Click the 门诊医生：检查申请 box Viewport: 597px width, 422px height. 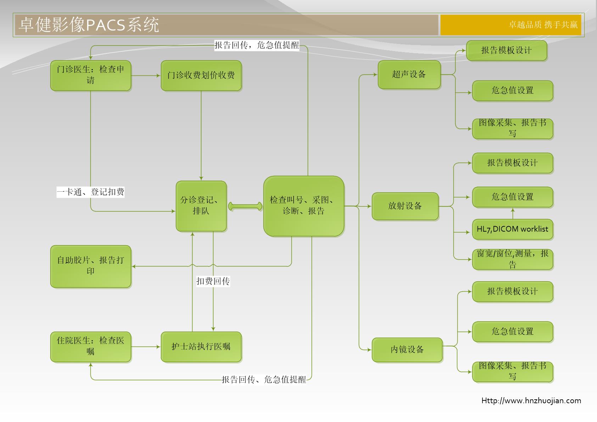pyautogui.click(x=91, y=75)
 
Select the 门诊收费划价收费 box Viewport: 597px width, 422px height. pyautogui.click(x=201, y=75)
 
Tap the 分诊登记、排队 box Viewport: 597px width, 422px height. pyautogui.click(x=201, y=206)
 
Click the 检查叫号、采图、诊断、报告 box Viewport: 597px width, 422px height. pyautogui.click(x=303, y=206)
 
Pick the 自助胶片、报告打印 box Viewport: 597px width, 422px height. pyautogui.click(x=91, y=266)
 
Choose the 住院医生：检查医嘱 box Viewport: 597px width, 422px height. pyautogui.click(x=91, y=347)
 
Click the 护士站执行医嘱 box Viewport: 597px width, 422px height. pyautogui.click(x=201, y=347)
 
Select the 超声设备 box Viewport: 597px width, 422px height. pyautogui.click(x=409, y=74)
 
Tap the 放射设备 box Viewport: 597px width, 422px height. pyautogui.click(x=405, y=206)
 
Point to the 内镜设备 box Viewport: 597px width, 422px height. pyautogui.click(x=407, y=350)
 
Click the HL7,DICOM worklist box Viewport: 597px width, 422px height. pyautogui.click(x=512, y=229)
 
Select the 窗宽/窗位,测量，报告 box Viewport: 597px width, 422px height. pyautogui.click(x=512, y=259)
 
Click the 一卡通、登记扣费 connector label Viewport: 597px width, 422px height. pyautogui.click(x=91, y=192)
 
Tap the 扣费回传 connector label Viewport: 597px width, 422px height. pyautogui.click(x=213, y=281)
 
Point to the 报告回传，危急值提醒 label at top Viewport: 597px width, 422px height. pyautogui.click(x=257, y=45)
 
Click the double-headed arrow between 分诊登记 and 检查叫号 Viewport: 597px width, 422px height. pyautogui.click(x=245, y=206)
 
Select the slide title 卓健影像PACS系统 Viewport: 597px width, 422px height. pyautogui.click(x=89, y=25)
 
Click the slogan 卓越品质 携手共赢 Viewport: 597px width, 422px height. pyautogui.click(x=543, y=24)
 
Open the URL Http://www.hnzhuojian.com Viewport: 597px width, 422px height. pyautogui.click(x=531, y=401)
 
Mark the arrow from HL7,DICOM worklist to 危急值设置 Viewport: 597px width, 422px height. pyautogui.click(x=513, y=213)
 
